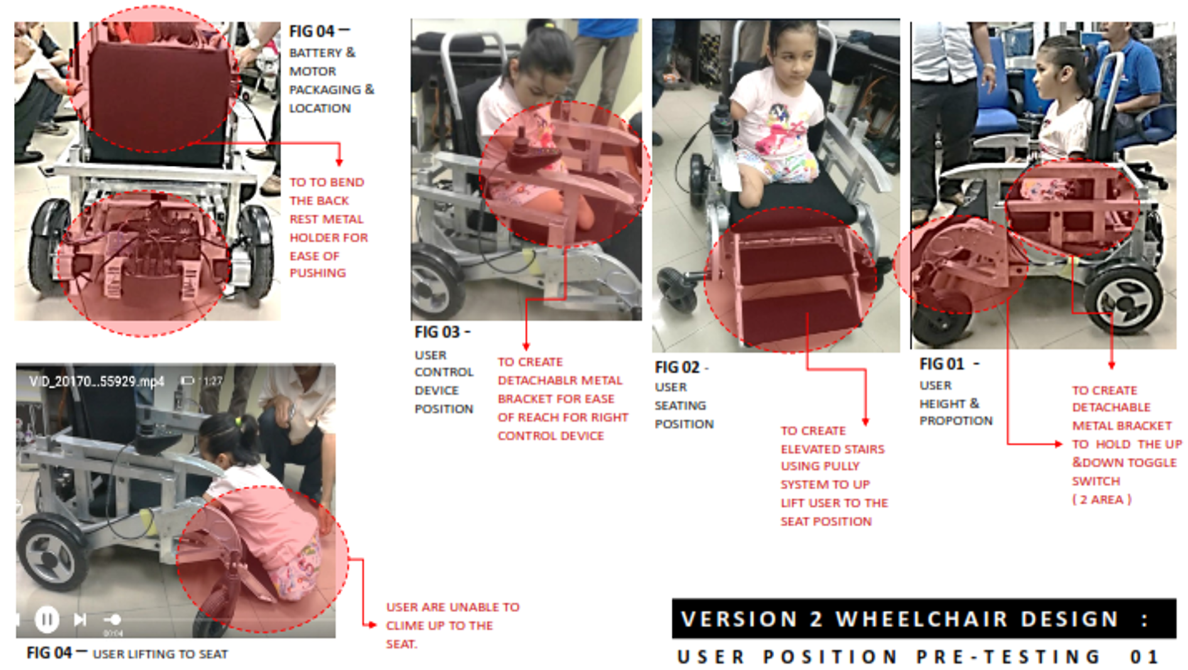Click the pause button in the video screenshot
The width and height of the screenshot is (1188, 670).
click(x=46, y=620)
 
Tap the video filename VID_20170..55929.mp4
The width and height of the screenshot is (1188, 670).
click(x=97, y=381)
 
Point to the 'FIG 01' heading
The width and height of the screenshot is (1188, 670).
click(x=941, y=364)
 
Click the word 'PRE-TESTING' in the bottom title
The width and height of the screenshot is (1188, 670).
click(x=1008, y=656)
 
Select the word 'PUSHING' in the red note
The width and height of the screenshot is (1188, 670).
click(x=318, y=273)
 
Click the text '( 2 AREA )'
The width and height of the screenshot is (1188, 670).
click(x=1102, y=499)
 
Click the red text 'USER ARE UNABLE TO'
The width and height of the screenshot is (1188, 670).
click(x=453, y=607)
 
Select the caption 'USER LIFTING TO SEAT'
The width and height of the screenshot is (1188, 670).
click(x=160, y=654)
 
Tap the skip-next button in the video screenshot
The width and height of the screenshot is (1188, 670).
click(x=80, y=620)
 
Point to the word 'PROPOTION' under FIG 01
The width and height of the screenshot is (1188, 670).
click(x=956, y=420)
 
